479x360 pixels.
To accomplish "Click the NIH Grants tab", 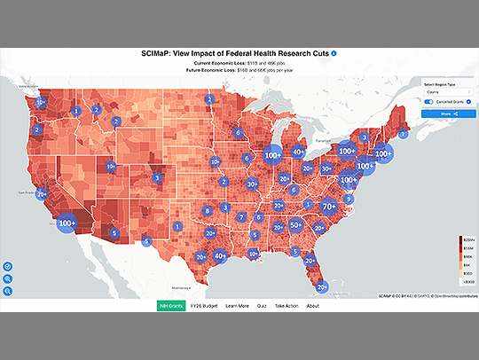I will pos(171,305).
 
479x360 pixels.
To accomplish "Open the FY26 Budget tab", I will pos(204,305).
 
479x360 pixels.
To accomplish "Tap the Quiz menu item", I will pos(261,305).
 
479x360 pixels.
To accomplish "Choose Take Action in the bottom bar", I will pos(287,305).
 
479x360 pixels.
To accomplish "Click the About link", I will pos(312,305).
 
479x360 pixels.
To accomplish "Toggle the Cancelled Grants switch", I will pos(428,102).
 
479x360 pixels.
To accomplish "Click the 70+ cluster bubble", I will pos(329,207).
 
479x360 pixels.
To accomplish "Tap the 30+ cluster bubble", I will pos(253,184).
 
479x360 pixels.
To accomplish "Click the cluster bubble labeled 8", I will pos(207,211).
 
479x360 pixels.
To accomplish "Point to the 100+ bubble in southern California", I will pos(67,224).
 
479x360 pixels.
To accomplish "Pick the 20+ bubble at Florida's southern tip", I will pos(321,286).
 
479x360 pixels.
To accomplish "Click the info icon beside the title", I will pos(334,54).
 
